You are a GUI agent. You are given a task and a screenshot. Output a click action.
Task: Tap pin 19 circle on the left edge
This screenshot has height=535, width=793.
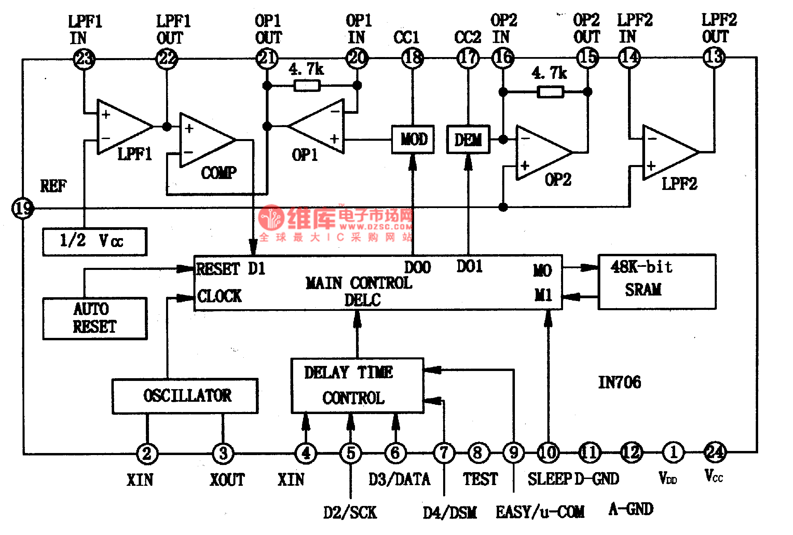tap(23, 208)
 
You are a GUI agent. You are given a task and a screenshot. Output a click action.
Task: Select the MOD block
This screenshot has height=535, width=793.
tap(413, 139)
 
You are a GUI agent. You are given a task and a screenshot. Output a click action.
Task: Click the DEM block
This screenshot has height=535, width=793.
tap(468, 139)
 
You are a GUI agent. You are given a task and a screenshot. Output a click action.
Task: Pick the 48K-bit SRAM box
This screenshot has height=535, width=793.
tap(657, 282)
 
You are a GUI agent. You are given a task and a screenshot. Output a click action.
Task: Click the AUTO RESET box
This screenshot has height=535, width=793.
tap(95, 318)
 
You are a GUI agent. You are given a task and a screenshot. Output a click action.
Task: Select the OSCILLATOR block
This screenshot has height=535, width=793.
tap(185, 396)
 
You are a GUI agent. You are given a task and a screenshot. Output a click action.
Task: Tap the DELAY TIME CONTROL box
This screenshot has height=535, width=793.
tap(357, 386)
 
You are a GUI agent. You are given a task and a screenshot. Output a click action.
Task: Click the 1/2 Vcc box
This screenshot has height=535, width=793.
tap(95, 241)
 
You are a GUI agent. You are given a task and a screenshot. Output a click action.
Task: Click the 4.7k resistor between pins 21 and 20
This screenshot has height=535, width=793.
tap(307, 85)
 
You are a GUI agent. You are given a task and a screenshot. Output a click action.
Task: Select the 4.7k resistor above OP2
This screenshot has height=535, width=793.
tap(550, 92)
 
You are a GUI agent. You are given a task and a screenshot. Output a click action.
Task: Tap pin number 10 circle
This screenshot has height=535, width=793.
tap(548, 453)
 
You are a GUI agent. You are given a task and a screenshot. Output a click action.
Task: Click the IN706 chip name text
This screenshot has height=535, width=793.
tap(619, 382)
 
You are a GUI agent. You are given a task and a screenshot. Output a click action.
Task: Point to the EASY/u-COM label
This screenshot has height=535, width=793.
tap(540, 512)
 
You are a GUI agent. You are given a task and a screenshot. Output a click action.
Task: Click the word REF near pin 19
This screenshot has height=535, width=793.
tap(53, 186)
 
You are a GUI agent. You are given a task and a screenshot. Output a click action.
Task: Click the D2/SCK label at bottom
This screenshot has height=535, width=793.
tap(350, 512)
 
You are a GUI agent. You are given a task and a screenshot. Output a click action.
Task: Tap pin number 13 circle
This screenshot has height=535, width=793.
tap(714, 58)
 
